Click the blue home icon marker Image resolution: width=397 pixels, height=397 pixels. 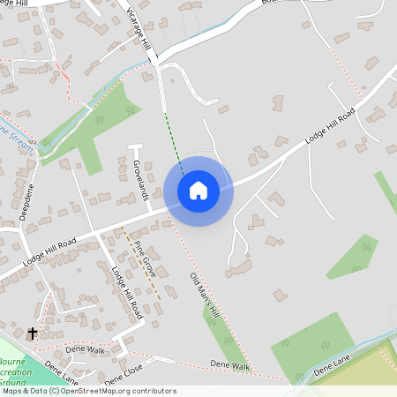[x=198, y=190]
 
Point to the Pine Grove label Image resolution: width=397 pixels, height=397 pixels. [x=144, y=263]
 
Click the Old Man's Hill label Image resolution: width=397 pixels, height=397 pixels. [x=204, y=301]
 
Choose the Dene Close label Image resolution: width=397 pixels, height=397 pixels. [x=123, y=375]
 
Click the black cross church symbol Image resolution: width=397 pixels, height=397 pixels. [x=33, y=333]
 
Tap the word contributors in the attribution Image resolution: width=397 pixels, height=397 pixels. [x=153, y=391]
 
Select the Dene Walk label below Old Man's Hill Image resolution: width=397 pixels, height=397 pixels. [x=229, y=365]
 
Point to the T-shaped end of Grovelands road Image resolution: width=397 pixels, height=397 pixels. [x=135, y=146]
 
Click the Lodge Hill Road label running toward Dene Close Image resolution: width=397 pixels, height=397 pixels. [x=124, y=291]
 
